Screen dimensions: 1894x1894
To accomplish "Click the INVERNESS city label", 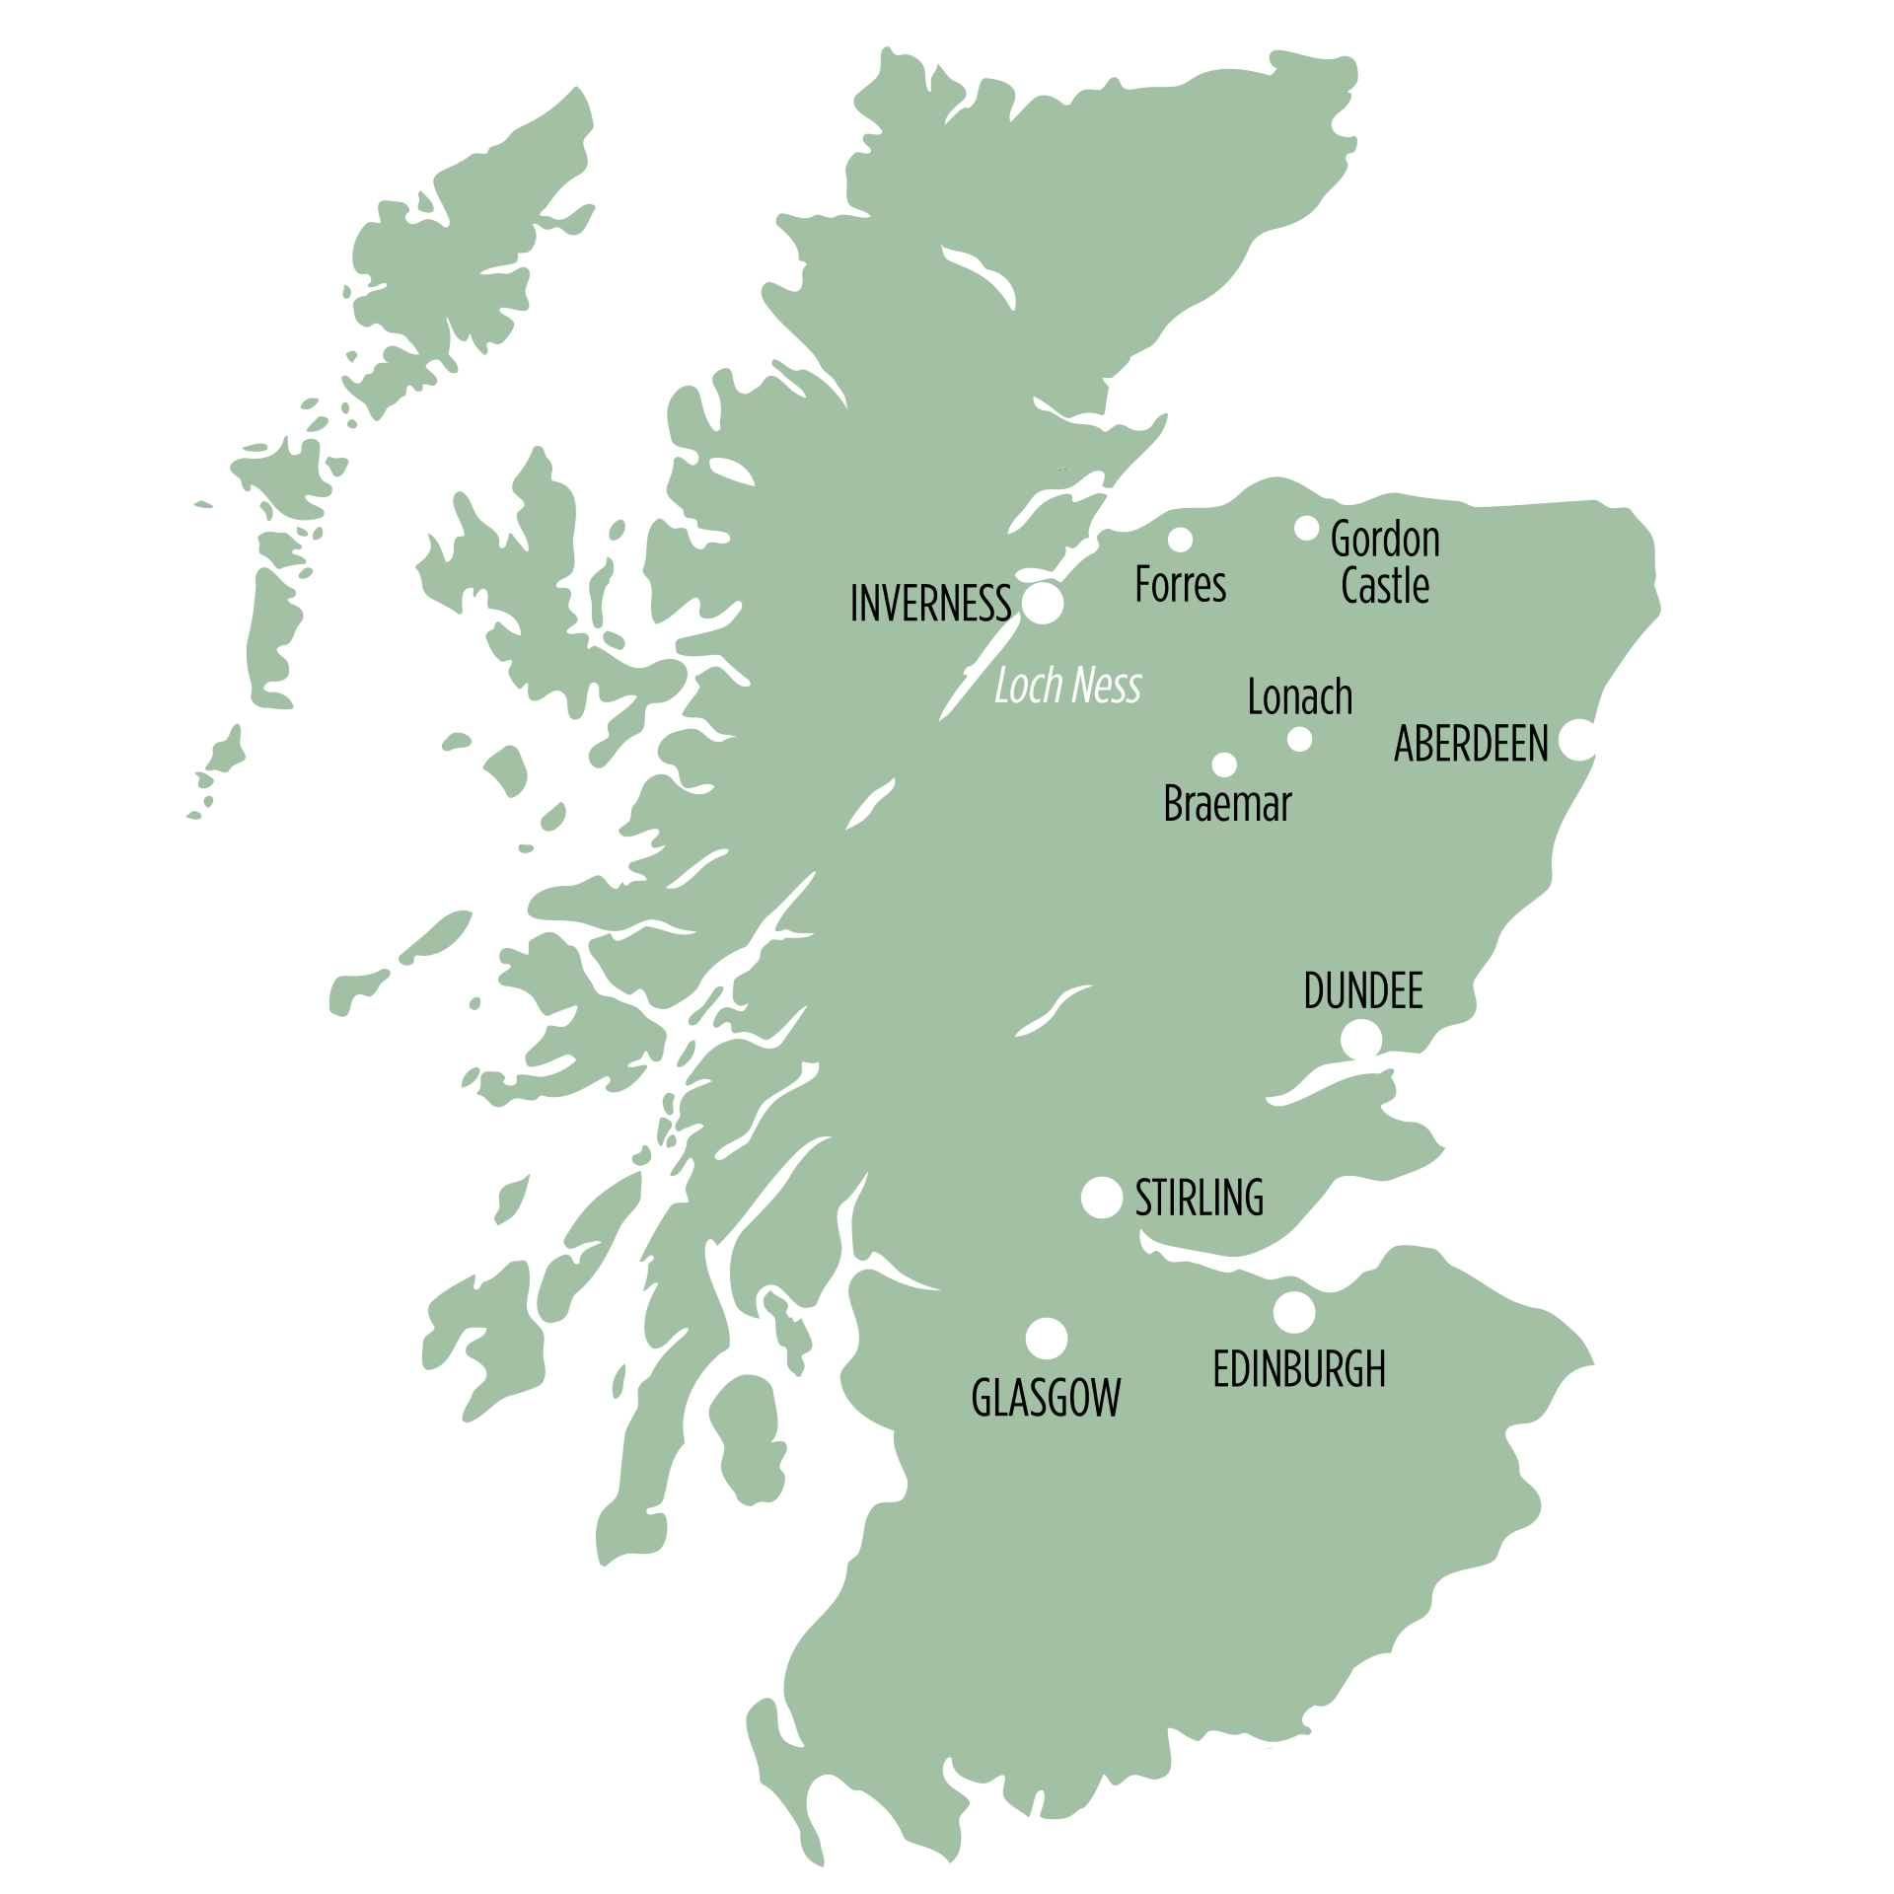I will click(x=929, y=605).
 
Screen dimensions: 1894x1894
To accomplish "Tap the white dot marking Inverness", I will click(x=1042, y=604).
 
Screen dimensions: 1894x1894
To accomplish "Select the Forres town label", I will click(x=1180, y=585).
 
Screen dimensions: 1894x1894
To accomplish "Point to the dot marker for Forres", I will click(x=1180, y=540).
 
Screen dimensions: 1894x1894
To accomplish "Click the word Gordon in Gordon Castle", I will click(x=1384, y=541).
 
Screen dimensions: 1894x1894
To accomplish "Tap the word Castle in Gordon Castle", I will click(x=1384, y=586).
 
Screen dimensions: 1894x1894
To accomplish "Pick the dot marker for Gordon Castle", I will click(x=1306, y=528).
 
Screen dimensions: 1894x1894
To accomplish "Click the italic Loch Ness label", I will click(x=1067, y=687).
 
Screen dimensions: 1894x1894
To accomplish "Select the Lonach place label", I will click(x=1299, y=697).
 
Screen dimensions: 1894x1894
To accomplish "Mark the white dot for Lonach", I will click(x=1299, y=739).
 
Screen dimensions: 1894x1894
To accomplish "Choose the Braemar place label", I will click(x=1227, y=805).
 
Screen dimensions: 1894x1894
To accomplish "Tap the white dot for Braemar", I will click(x=1224, y=765).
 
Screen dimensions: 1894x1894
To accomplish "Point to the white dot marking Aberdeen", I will click(x=1578, y=740).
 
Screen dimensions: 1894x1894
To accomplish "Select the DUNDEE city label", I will click(x=1362, y=991).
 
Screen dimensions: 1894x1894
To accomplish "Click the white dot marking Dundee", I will click(x=1361, y=1040).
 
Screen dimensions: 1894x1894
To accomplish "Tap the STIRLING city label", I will click(x=1199, y=1199).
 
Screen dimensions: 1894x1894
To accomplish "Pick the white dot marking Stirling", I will click(x=1102, y=1198).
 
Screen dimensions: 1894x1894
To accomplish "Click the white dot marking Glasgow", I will click(x=1046, y=1339).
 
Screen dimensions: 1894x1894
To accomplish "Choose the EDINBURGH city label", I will click(x=1298, y=1369).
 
